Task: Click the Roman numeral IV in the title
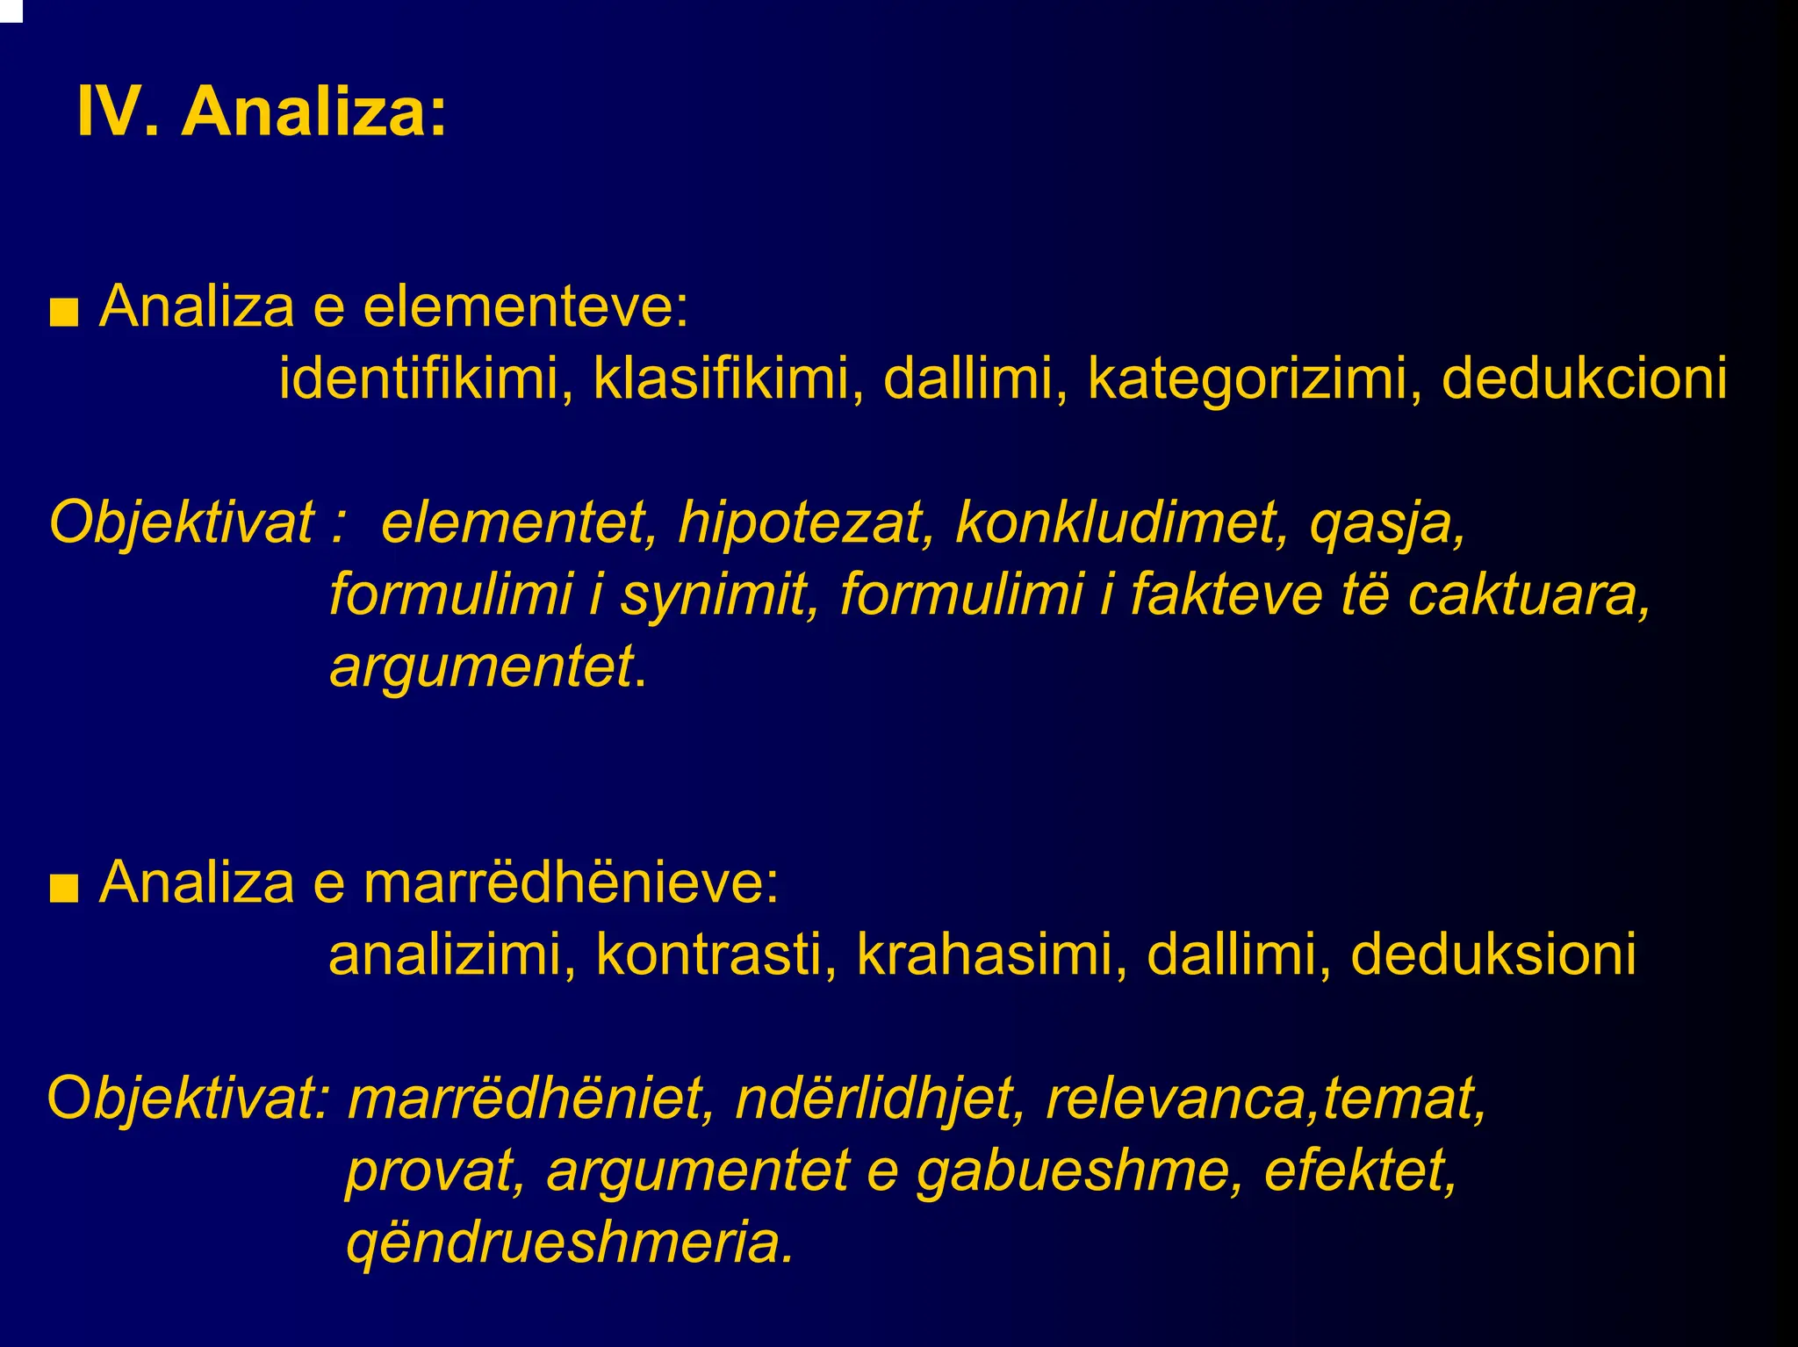108,112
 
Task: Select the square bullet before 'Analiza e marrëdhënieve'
64,889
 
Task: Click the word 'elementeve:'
526,307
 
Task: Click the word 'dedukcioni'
1584,378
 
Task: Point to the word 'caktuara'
1528,594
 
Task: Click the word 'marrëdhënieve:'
571,882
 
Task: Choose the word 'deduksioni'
1492,954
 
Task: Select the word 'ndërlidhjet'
879,1099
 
